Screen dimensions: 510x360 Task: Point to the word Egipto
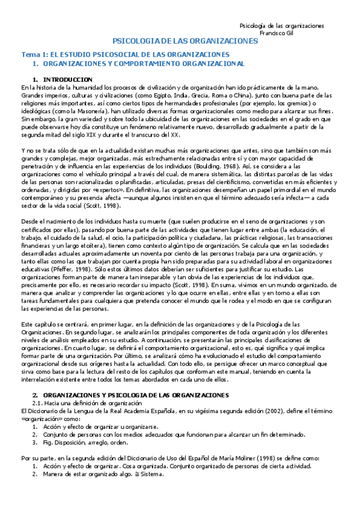point(154,95)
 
